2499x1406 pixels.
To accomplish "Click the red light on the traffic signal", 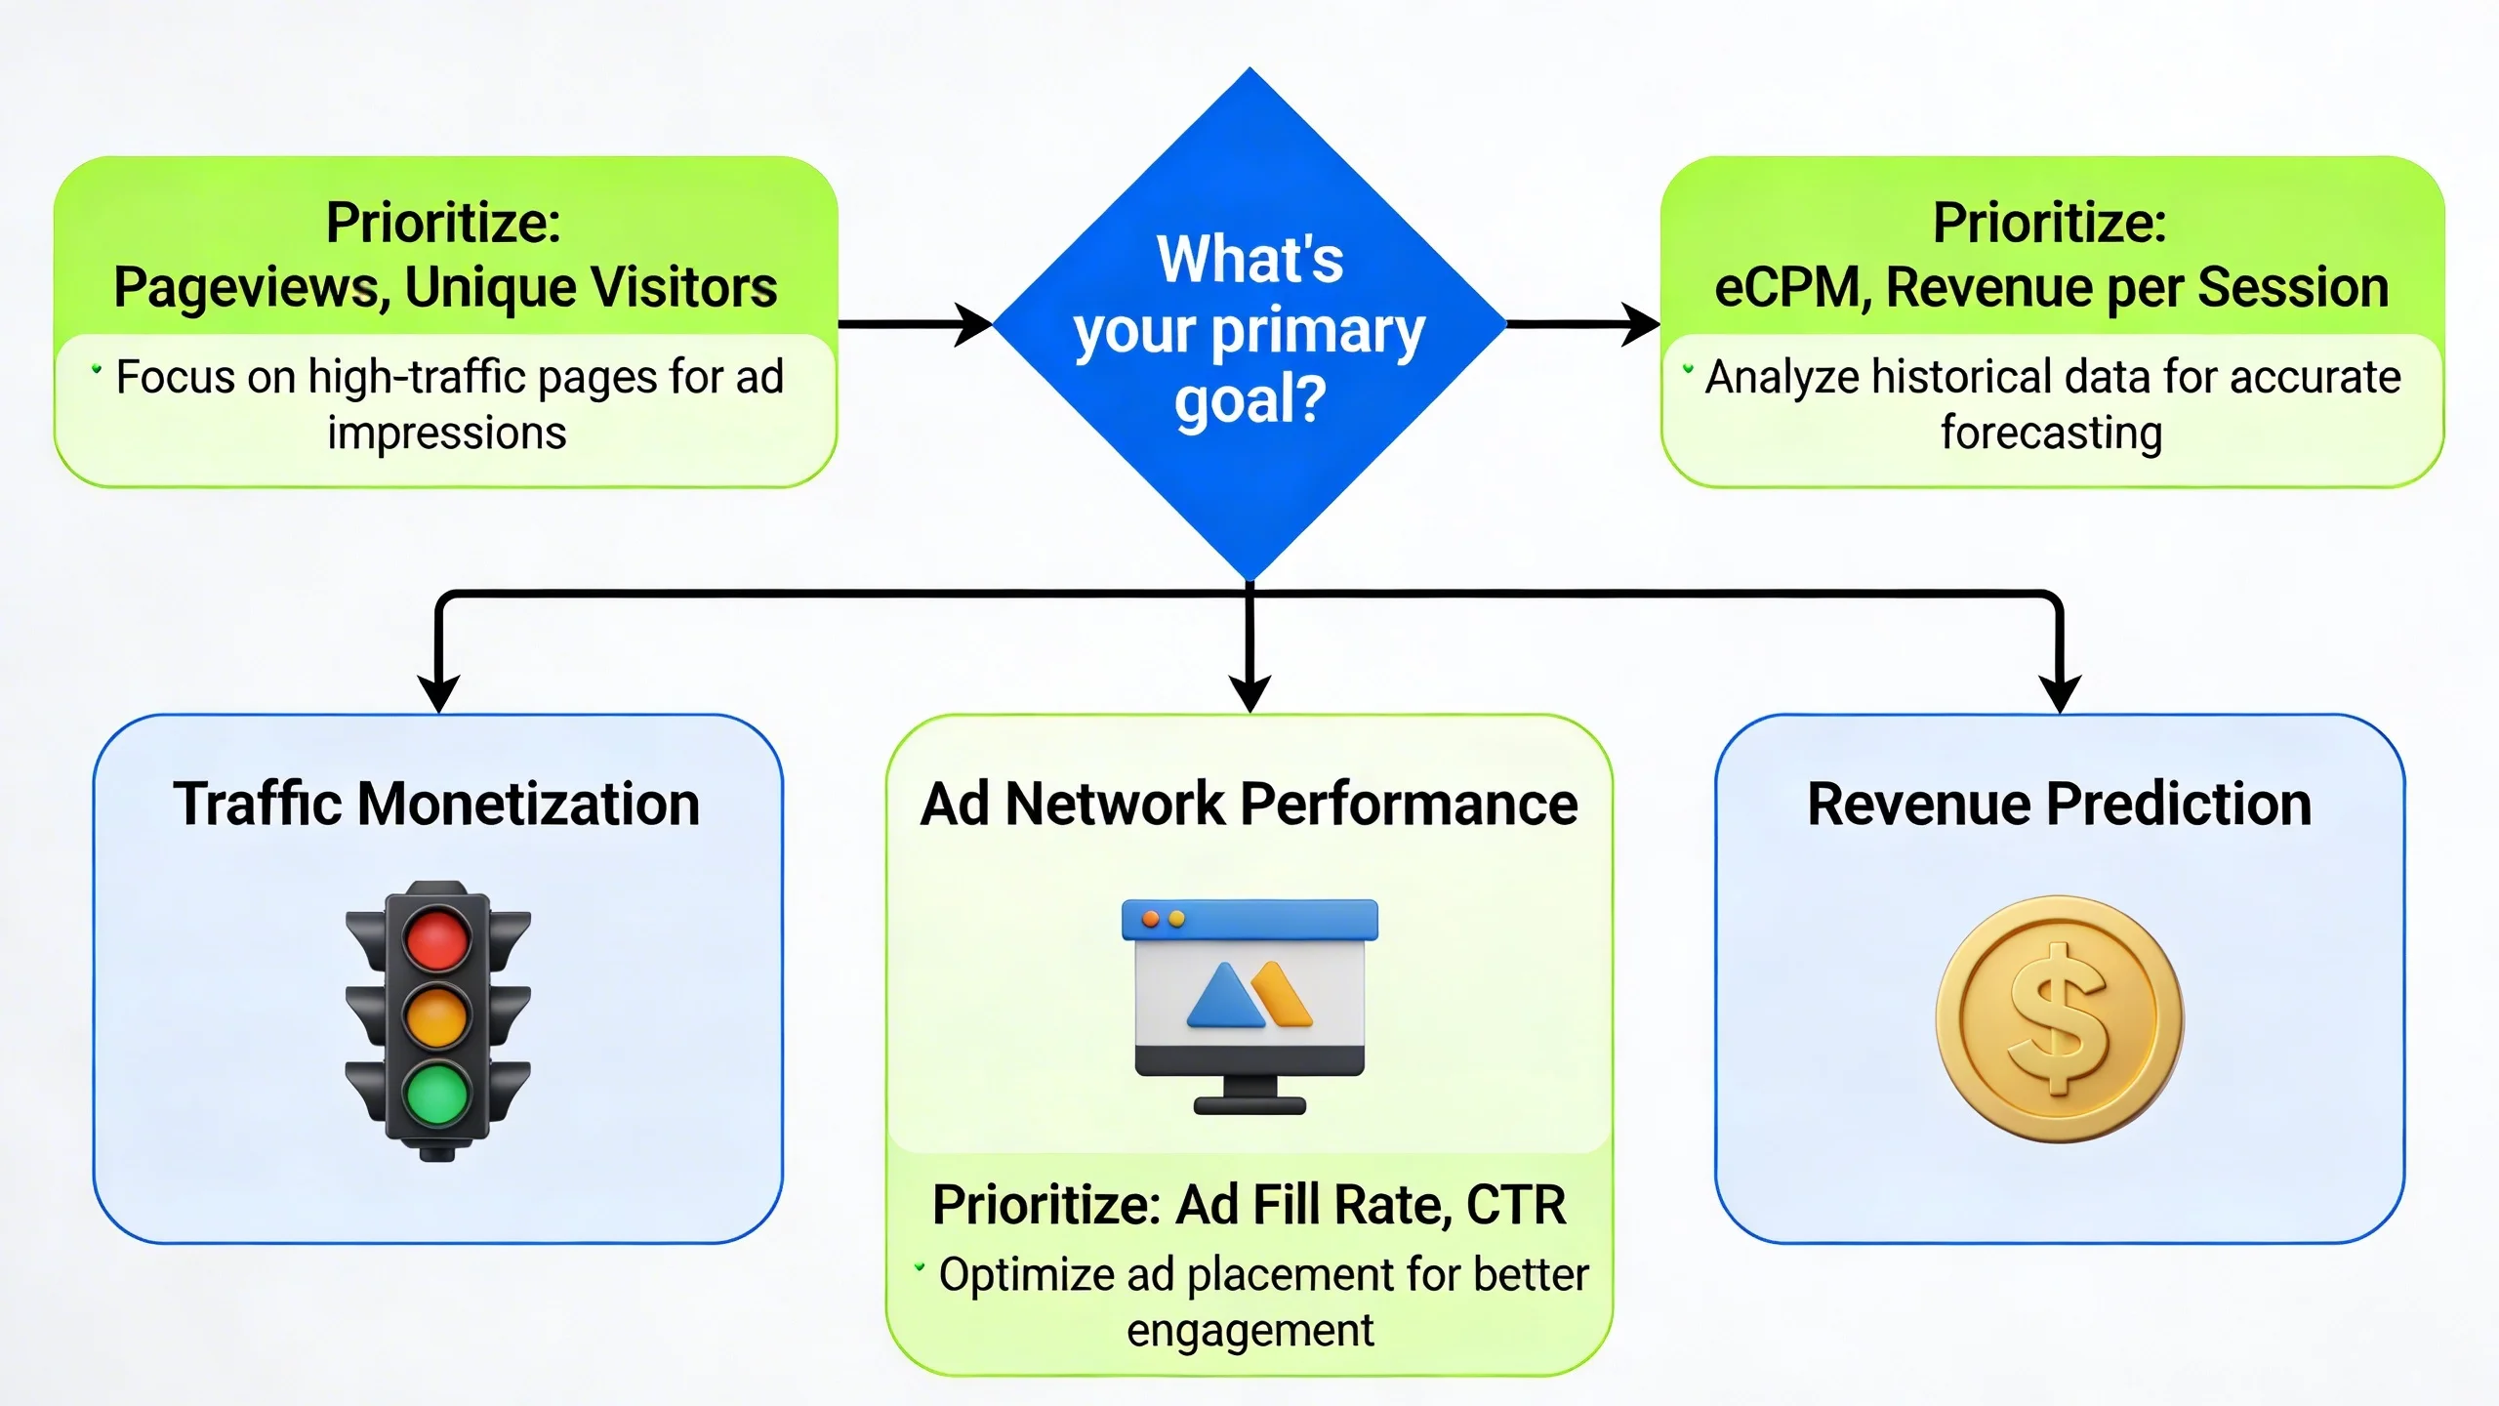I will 436,938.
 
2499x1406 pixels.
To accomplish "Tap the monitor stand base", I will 1249,1105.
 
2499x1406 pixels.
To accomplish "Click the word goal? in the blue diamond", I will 1249,400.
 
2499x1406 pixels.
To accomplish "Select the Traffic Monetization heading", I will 436,804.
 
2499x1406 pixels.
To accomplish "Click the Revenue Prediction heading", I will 2059,804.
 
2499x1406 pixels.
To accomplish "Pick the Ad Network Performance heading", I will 1249,804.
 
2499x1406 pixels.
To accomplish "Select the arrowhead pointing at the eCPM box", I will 1642,324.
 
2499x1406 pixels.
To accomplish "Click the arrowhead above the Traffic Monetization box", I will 438,695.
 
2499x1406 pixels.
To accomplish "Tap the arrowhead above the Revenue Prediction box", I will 2060,695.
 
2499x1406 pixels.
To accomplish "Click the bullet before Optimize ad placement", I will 919,1267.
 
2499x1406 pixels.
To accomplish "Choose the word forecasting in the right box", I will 2051,433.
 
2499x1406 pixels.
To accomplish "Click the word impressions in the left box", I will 446,433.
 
